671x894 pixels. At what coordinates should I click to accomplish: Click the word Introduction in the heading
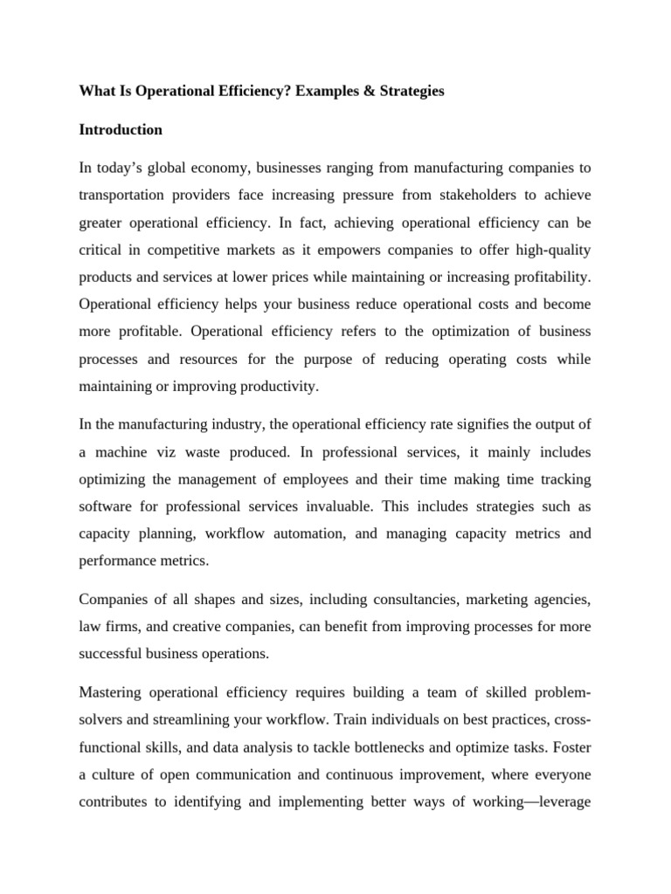(x=121, y=130)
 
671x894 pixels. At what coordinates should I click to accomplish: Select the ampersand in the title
(x=371, y=91)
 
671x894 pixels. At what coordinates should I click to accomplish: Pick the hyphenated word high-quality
(x=549, y=251)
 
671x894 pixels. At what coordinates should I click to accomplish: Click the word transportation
(x=126, y=196)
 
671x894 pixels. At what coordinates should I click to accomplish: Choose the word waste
(x=201, y=451)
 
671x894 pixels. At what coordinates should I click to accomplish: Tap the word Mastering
(x=111, y=692)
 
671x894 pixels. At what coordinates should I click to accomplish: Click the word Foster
(x=571, y=747)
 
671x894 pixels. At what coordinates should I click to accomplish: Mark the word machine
(x=118, y=451)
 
